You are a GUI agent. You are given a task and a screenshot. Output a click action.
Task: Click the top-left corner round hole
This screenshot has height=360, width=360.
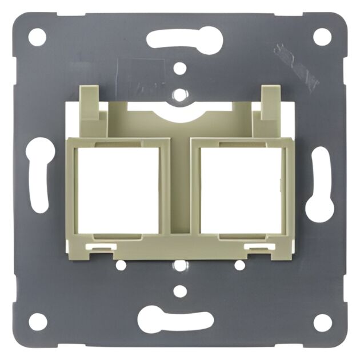pyautogui.click(x=37, y=37)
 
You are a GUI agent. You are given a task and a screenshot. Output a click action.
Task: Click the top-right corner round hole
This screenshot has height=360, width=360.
pyautogui.click(x=322, y=37)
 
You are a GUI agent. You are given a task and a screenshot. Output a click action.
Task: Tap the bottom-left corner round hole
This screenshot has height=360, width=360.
pyautogui.click(x=38, y=322)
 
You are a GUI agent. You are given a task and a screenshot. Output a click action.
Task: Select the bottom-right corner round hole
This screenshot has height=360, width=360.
pyautogui.click(x=322, y=322)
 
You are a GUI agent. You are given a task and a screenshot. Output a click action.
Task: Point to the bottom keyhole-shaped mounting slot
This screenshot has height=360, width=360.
pyautogui.click(x=175, y=319)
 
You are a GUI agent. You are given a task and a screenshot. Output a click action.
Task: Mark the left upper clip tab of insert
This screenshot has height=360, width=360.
pyautogui.click(x=90, y=103)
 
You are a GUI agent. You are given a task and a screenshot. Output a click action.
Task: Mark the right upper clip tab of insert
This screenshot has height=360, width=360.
pyautogui.click(x=270, y=103)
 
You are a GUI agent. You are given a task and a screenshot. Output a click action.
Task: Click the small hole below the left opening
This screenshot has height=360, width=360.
pyautogui.click(x=121, y=265)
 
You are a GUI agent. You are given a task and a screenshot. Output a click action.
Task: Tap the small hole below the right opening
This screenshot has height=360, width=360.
pyautogui.click(x=240, y=265)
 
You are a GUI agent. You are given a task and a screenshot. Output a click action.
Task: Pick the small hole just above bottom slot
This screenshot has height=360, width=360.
pyautogui.click(x=180, y=291)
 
